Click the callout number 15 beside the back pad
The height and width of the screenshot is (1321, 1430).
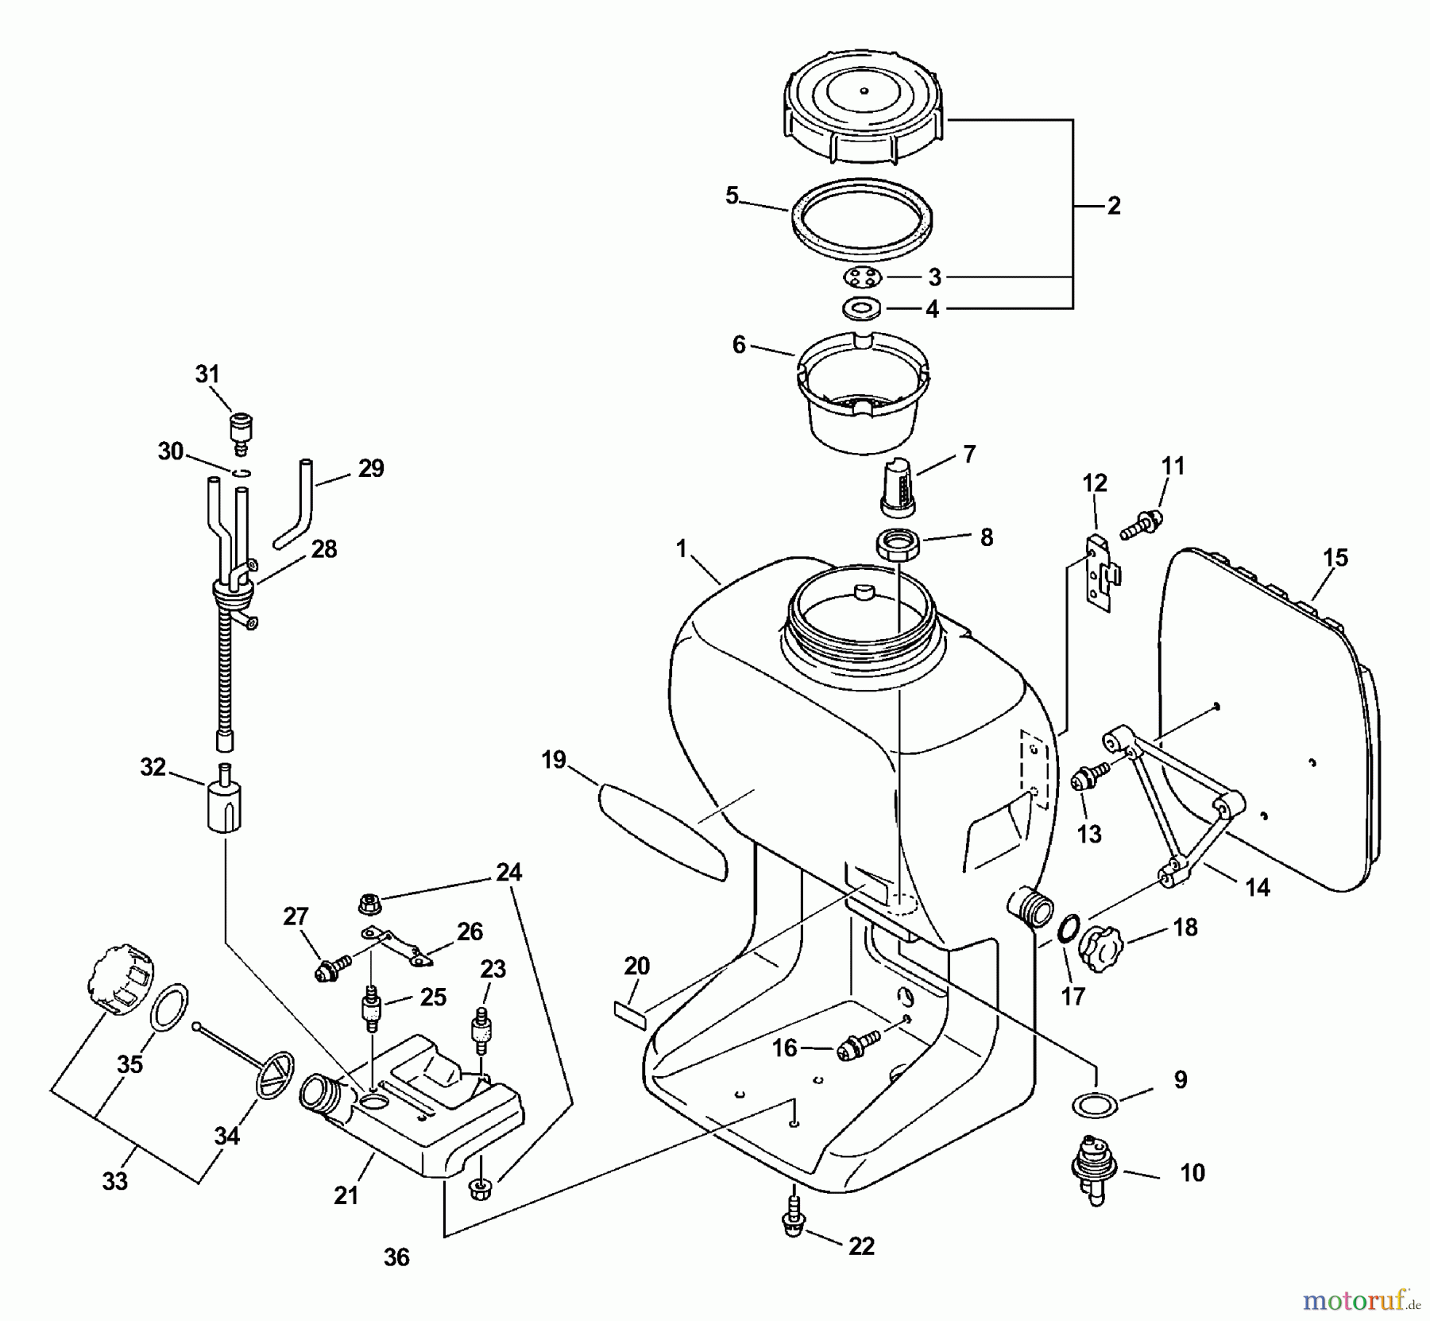point(1335,558)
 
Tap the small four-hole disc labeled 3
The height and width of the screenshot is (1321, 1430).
point(861,277)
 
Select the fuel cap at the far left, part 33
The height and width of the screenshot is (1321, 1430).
point(119,978)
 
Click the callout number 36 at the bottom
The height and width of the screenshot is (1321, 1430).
point(396,1257)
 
